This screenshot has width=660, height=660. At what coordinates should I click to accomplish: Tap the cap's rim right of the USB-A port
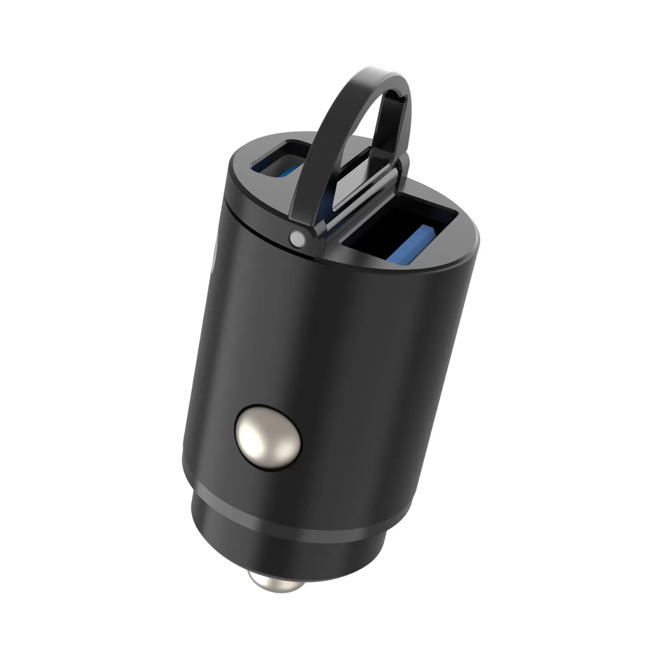coord(466,238)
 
